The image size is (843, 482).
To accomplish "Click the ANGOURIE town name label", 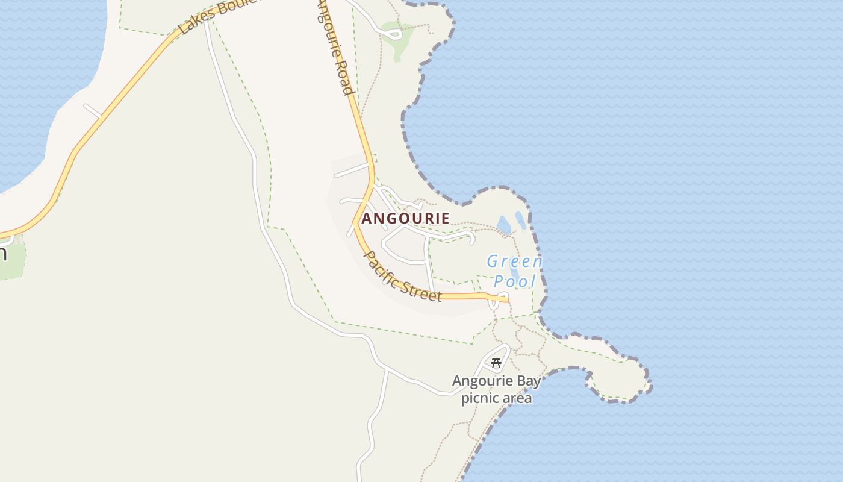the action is point(405,218).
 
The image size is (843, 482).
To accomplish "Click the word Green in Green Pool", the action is point(515,262).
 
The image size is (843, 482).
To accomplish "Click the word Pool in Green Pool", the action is point(515,281).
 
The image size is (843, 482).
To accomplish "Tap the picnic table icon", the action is point(496,363).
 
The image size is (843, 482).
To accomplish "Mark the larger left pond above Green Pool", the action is point(504,225).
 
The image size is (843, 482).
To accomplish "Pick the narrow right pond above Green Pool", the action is point(520,221).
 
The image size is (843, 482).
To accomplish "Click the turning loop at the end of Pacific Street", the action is point(494,304).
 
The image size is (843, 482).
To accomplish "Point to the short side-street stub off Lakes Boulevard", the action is point(92,111).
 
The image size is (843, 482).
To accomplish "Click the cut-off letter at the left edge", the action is point(2,253).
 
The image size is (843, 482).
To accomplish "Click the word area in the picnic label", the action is point(518,398).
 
